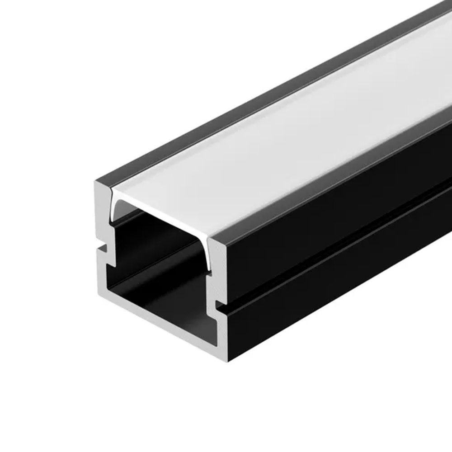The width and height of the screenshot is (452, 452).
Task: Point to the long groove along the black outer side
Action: (339, 253)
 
